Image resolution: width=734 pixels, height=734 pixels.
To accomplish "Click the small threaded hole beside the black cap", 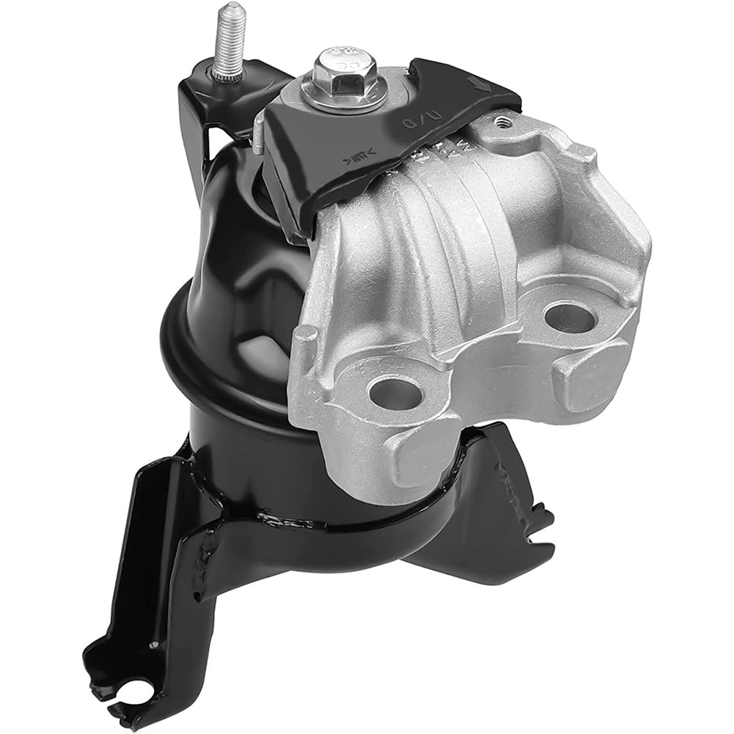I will [x=502, y=122].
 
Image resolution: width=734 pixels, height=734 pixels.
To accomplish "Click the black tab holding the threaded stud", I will [x=213, y=88].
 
